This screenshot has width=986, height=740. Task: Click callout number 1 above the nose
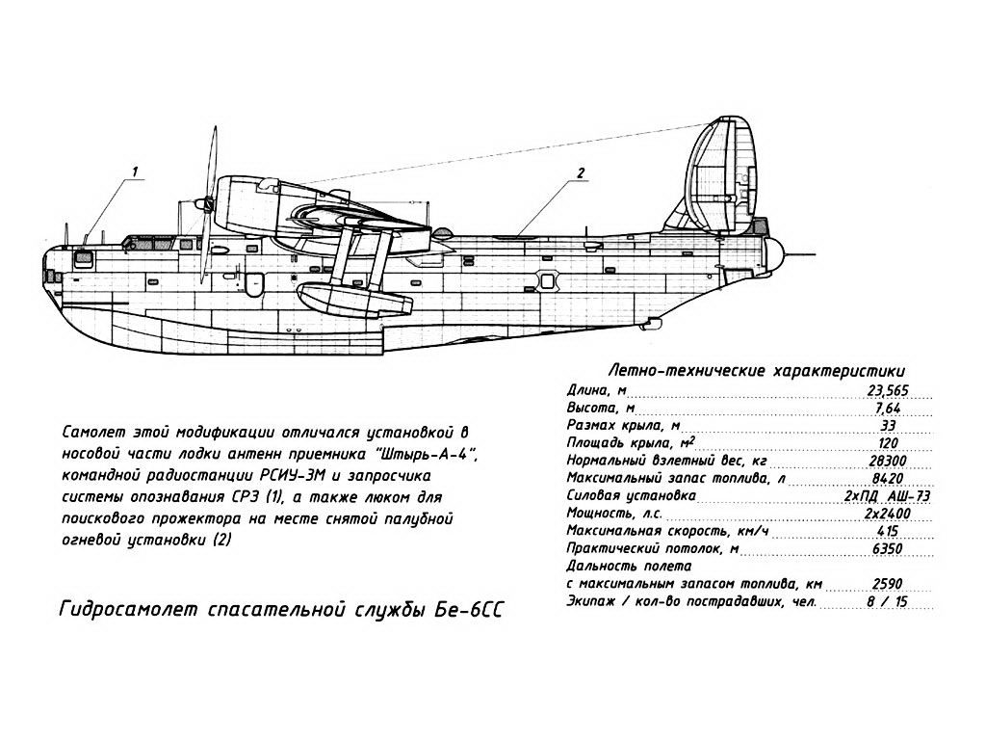135,170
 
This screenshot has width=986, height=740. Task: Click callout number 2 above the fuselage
581,172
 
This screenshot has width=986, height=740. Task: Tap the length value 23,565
887,390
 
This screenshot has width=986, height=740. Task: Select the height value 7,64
887,408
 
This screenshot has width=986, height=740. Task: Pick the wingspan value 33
887,425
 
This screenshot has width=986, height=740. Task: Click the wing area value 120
887,443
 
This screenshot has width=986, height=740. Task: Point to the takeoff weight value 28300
887,461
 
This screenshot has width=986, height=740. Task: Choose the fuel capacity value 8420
887,478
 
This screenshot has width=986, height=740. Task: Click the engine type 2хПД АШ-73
887,496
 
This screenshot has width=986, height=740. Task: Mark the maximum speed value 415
887,531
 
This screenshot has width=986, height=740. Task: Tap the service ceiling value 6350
887,548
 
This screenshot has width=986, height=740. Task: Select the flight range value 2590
887,584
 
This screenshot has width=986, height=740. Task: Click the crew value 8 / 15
887,601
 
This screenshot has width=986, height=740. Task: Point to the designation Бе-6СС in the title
469,610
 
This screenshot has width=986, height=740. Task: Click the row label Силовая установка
632,496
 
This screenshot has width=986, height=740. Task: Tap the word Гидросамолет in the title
129,610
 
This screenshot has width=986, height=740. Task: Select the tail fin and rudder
723,176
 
